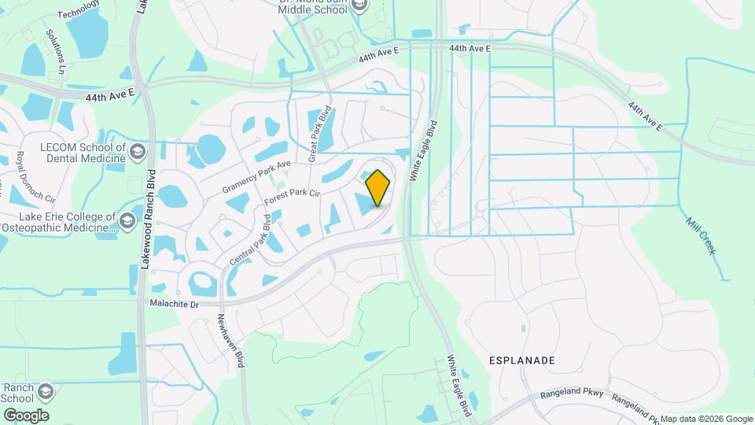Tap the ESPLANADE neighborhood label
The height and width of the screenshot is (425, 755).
point(523,360)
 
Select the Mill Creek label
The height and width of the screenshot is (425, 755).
point(700,235)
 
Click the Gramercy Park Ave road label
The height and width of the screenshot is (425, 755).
point(256,177)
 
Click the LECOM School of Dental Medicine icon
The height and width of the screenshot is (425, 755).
point(138,151)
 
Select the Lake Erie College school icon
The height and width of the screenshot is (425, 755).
point(127,222)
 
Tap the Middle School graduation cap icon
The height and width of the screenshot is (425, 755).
point(359,6)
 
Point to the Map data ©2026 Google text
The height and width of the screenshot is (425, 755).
point(705,419)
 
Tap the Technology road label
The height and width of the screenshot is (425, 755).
point(79,9)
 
